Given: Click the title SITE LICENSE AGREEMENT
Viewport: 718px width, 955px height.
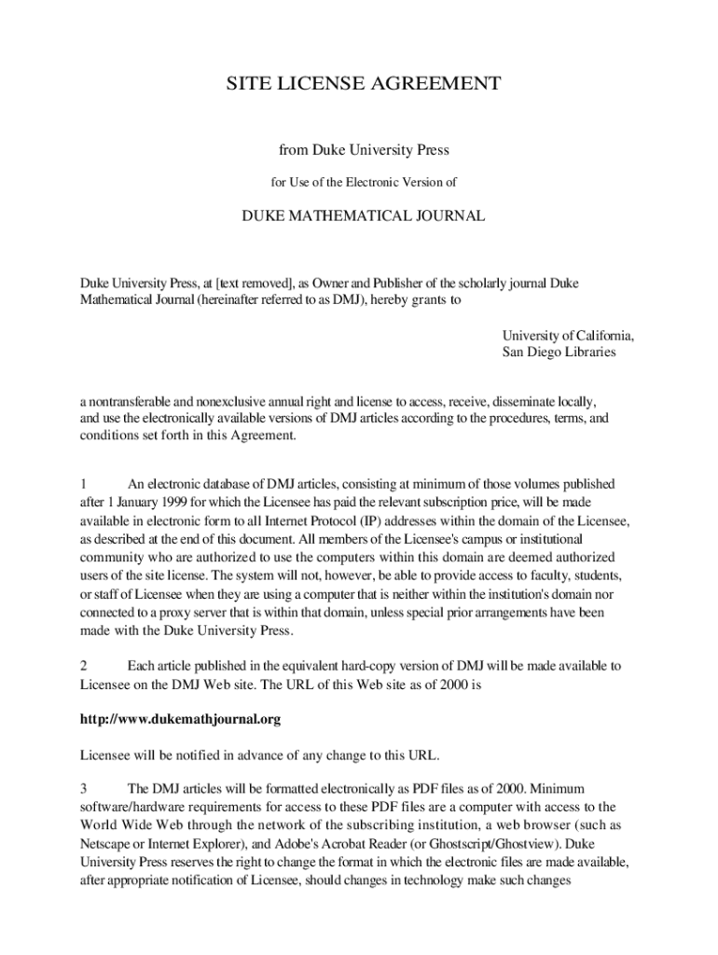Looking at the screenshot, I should click(364, 85).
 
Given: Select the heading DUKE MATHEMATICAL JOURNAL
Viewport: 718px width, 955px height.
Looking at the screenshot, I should click(364, 216).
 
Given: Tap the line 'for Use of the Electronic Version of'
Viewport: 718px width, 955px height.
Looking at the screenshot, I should click(364, 182).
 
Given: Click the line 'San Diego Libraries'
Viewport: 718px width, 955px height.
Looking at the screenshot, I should click(559, 353).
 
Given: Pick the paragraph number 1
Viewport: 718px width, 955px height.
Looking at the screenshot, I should click(83, 484).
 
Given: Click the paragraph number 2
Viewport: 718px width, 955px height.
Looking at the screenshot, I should click(83, 666).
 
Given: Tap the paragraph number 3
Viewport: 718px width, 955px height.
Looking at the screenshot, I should click(83, 789).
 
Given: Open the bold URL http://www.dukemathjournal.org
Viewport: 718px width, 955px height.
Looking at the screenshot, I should click(180, 720).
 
